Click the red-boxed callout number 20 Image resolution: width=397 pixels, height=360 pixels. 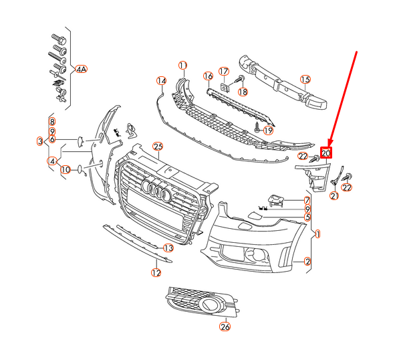point(326,153)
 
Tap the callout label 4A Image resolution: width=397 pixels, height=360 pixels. point(81,69)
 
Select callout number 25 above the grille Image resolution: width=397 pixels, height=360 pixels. point(158,146)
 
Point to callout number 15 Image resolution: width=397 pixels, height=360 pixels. point(305,80)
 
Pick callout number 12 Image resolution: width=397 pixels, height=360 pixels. point(156,272)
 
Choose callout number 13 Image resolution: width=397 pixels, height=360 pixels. point(168,248)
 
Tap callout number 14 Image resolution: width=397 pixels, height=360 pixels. point(160,81)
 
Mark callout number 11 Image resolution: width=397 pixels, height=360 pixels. point(182,65)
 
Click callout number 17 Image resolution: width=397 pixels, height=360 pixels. point(224,71)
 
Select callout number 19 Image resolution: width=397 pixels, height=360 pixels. point(268,130)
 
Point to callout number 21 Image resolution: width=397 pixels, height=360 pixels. point(335,195)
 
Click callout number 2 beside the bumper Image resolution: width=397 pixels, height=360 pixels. point(307,261)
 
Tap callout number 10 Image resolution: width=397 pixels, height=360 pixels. point(65,170)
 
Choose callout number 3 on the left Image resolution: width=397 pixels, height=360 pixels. point(39,141)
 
